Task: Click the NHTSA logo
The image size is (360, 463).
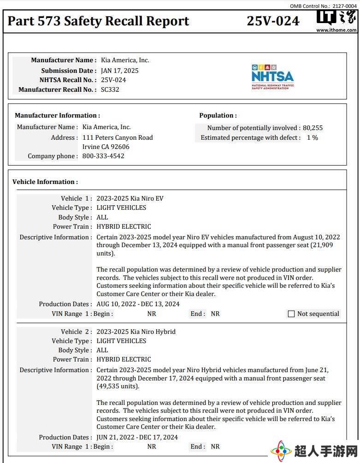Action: click(272, 77)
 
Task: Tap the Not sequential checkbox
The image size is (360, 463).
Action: click(291, 314)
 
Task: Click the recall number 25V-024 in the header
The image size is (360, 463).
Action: click(273, 21)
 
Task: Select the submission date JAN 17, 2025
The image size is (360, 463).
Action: click(120, 71)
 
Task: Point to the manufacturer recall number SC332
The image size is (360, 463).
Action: click(110, 89)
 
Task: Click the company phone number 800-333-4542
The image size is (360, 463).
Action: click(103, 156)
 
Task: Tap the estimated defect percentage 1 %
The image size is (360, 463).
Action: click(313, 137)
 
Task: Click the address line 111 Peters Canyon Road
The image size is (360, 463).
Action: click(118, 137)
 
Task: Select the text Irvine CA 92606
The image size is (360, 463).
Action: click(106, 147)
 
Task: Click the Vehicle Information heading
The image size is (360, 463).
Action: click(45, 182)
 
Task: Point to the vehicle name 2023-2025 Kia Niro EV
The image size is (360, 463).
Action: click(130, 198)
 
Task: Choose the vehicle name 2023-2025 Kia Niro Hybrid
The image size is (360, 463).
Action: click(136, 332)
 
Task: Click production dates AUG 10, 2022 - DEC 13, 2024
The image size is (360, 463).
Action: click(138, 304)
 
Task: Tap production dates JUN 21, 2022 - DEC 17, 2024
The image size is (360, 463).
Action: click(137, 437)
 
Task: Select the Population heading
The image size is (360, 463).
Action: click(218, 115)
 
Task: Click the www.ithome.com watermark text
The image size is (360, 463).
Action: click(336, 30)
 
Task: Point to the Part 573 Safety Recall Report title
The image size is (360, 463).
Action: click(99, 21)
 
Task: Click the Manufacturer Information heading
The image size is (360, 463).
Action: click(57, 115)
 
